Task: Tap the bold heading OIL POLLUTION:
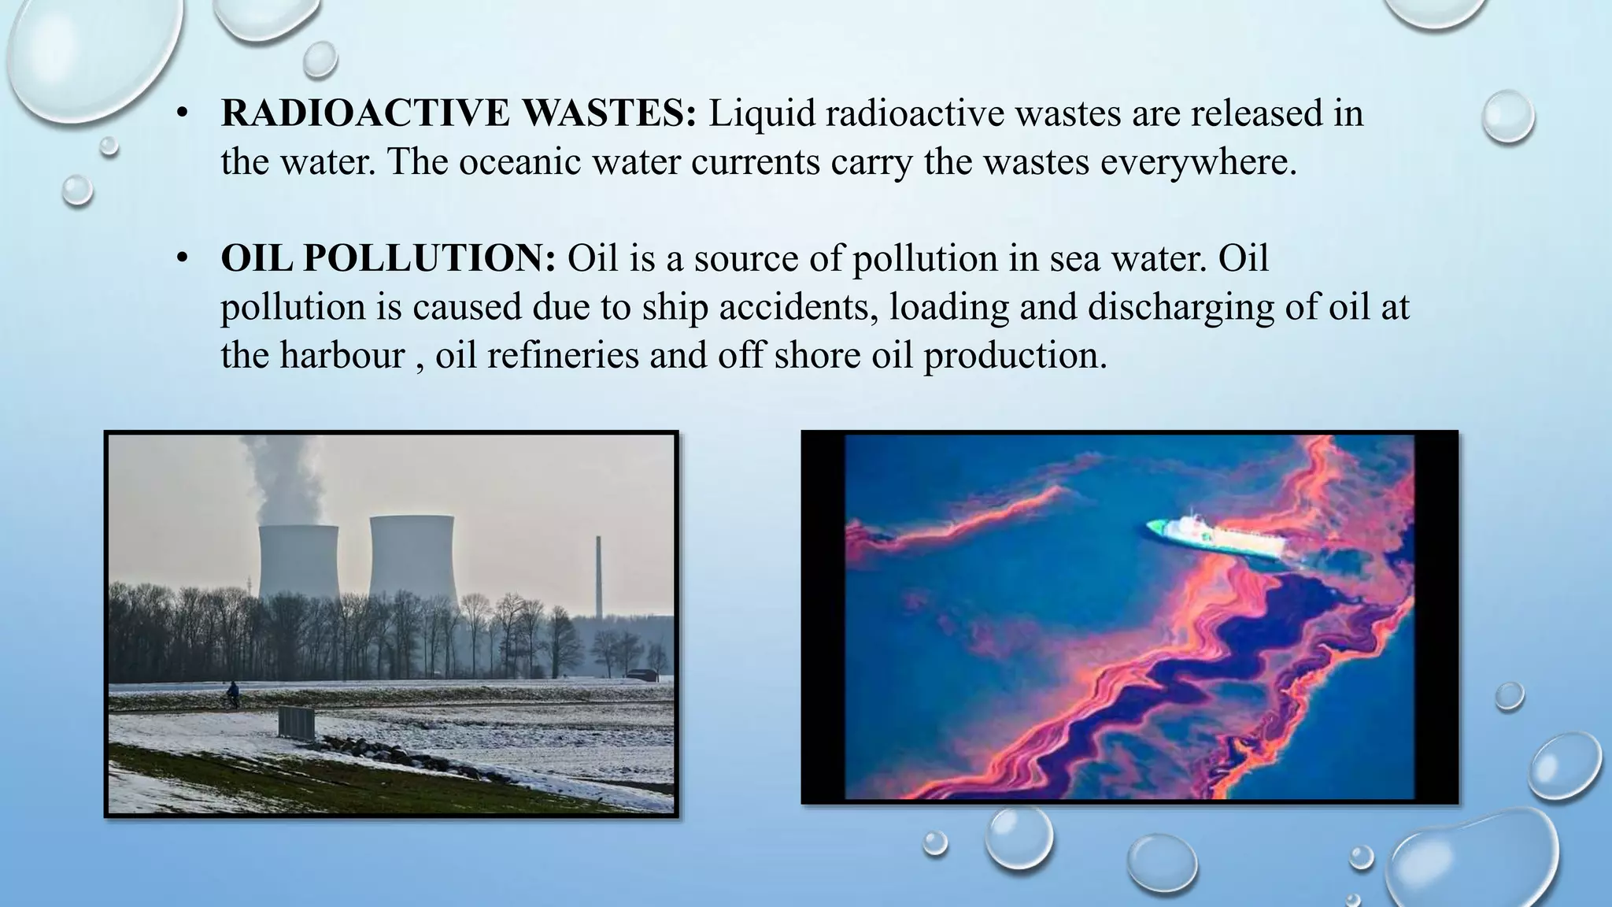pyautogui.click(x=388, y=259)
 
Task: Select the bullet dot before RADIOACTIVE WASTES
pyautogui.click(x=182, y=115)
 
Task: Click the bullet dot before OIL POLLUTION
pyautogui.click(x=182, y=259)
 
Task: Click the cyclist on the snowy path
pyautogui.click(x=232, y=694)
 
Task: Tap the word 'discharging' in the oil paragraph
pyautogui.click(x=1181, y=307)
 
